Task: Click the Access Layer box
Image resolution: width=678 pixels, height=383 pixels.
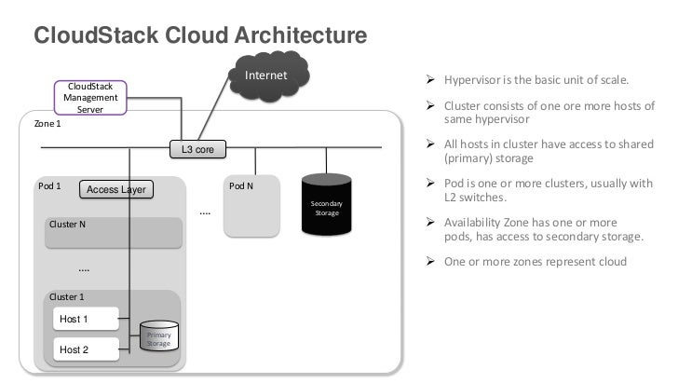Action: point(116,190)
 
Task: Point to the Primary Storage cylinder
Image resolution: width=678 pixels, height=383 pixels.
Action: point(158,340)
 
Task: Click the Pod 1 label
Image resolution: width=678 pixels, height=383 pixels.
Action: point(50,185)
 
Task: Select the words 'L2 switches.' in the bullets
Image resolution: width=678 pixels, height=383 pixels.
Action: point(475,198)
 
